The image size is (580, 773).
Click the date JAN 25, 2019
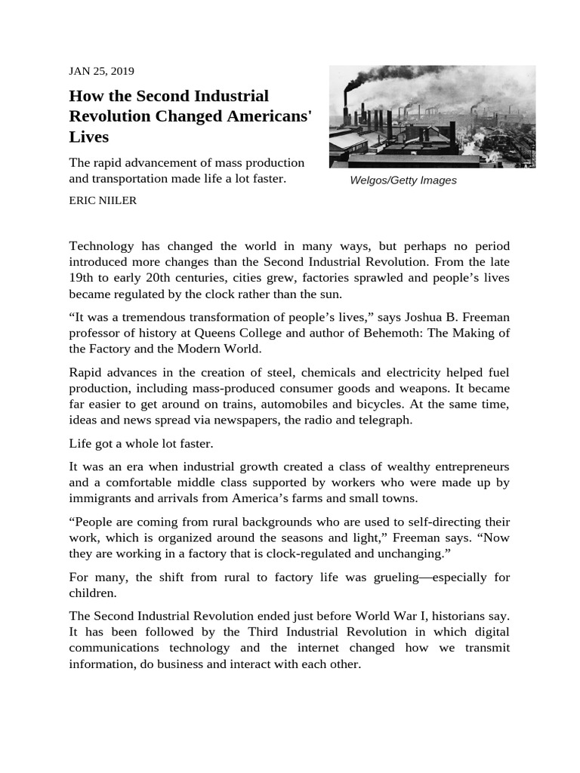(x=101, y=71)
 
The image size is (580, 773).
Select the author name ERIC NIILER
(x=103, y=201)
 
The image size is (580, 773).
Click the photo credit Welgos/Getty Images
(x=403, y=180)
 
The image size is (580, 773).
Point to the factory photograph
(x=432, y=116)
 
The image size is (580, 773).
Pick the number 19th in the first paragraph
(x=82, y=277)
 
